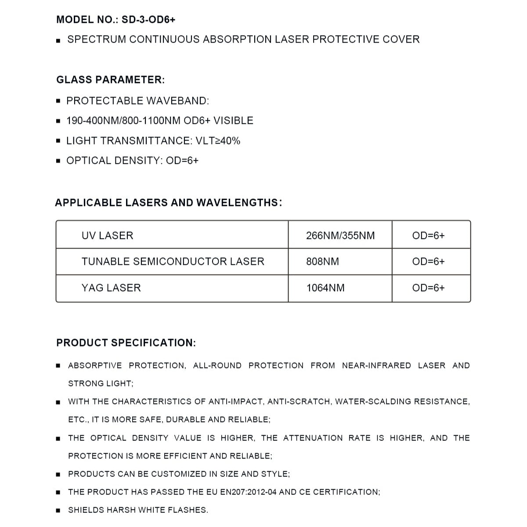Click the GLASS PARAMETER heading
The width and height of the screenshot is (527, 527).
(x=110, y=80)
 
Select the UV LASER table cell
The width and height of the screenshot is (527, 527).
(x=107, y=236)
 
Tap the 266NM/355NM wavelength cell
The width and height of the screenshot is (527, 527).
(x=340, y=236)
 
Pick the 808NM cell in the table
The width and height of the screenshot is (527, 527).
(x=322, y=262)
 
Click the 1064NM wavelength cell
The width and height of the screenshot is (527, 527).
(x=325, y=288)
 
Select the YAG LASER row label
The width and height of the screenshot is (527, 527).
(x=111, y=288)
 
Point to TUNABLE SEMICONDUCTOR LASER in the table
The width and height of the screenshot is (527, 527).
(x=173, y=262)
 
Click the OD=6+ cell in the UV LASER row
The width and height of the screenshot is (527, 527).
(x=428, y=236)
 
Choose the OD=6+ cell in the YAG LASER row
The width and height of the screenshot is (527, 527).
(x=428, y=288)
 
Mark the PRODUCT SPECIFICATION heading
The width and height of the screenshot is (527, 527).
(x=126, y=343)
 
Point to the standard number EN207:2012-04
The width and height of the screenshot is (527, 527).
(x=248, y=492)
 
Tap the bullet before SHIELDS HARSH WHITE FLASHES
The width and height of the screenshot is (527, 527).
(x=58, y=511)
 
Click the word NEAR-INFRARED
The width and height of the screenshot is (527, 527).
(x=376, y=365)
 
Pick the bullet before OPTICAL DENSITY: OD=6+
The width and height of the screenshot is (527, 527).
(x=58, y=161)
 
